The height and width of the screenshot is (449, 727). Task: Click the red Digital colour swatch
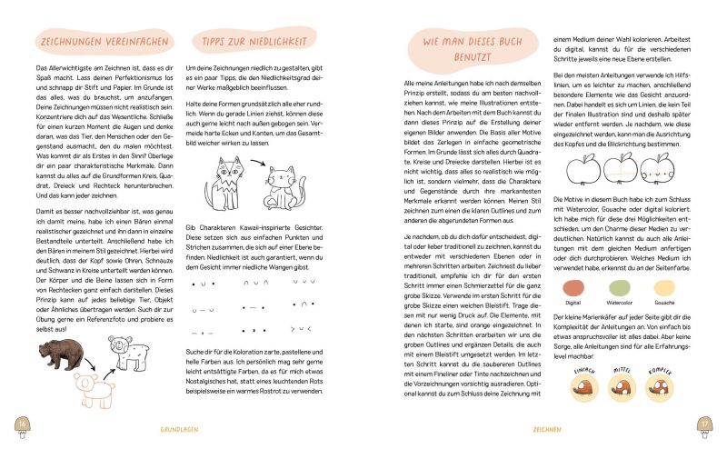[x=573, y=288]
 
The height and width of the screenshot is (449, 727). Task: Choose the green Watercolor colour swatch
[x=620, y=288]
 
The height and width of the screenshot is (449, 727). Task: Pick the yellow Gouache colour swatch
[x=664, y=288]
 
